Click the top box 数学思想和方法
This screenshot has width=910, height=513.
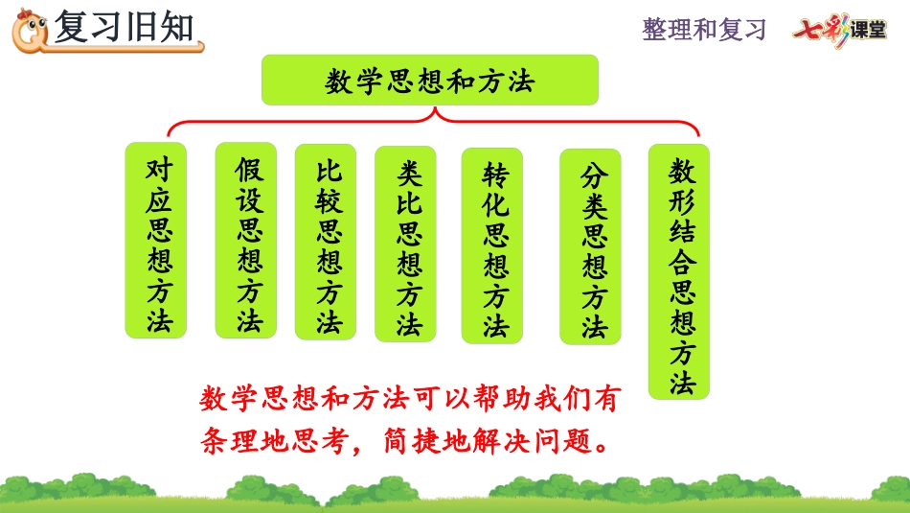click(x=429, y=81)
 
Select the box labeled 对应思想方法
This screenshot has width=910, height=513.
click(x=156, y=241)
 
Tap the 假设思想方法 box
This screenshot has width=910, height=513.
click(x=246, y=241)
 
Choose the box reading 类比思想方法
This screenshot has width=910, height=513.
click(x=406, y=244)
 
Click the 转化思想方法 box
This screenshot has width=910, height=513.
click(x=492, y=245)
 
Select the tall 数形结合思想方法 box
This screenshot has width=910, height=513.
click(x=679, y=272)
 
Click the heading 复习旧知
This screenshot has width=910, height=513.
click(x=124, y=27)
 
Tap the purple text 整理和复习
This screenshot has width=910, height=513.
click(x=704, y=30)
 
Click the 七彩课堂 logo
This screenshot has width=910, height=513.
click(x=840, y=30)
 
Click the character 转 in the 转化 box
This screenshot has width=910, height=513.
click(x=495, y=175)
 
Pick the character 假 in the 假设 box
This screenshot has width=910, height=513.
click(x=250, y=171)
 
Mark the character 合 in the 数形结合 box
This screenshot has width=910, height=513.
click(x=682, y=262)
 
